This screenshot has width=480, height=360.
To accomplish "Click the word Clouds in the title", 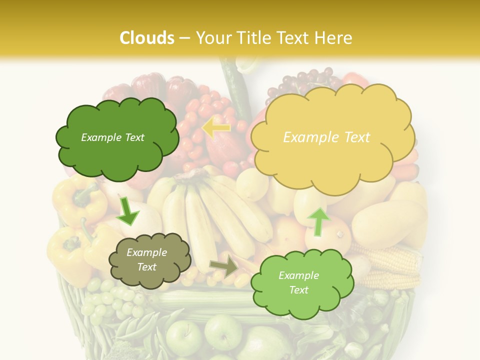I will pyautogui.click(x=147, y=38).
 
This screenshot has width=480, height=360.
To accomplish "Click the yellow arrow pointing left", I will pyautogui.click(x=215, y=128).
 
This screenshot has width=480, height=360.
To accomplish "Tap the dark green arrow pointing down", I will pyautogui.click(x=127, y=211).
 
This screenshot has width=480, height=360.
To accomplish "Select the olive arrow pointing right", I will pyautogui.click(x=225, y=266).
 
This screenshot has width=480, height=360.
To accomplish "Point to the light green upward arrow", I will pyautogui.click(x=318, y=221).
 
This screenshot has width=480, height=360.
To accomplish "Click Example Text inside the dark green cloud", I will pyautogui.click(x=112, y=137).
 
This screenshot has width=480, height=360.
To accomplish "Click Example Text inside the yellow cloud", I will pyautogui.click(x=326, y=137).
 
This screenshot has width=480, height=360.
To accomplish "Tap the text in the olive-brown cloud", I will pyautogui.click(x=146, y=260).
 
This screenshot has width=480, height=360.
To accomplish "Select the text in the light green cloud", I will pyautogui.click(x=298, y=282).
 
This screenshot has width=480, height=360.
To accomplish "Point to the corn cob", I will pyautogui.click(x=390, y=260).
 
